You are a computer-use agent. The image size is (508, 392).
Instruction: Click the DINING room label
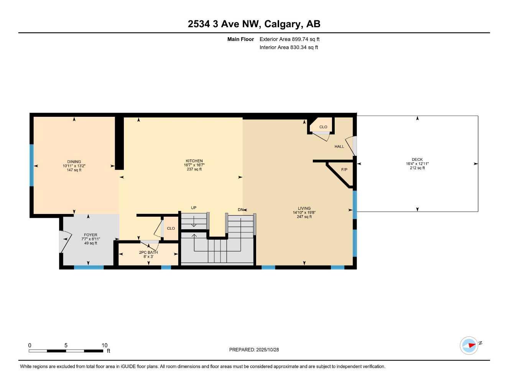tap(74, 162)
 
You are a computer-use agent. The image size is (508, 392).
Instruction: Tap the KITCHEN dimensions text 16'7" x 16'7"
tap(194, 165)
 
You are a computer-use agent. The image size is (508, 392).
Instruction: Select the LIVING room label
tap(304, 209)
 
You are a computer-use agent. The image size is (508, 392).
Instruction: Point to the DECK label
tap(417, 160)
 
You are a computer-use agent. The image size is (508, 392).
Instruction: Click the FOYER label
tap(91, 235)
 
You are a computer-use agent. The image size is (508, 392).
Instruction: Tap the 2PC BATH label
tap(148, 252)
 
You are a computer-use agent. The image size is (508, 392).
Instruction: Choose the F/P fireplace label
tap(344, 170)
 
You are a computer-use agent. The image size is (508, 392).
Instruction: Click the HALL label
tap(339, 147)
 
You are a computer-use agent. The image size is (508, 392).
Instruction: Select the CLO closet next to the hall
tap(323, 127)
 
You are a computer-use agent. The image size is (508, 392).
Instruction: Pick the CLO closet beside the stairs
tap(171, 229)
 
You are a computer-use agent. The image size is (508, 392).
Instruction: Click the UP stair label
tap(194, 208)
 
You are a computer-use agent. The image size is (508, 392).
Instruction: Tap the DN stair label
tap(240, 210)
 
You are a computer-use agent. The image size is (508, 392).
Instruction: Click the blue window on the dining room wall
tap(32, 165)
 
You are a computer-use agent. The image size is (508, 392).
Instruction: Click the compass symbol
tap(469, 345)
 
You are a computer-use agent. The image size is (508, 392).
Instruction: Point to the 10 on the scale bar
tap(105, 345)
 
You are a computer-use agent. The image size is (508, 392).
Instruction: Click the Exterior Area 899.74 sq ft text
tap(289, 39)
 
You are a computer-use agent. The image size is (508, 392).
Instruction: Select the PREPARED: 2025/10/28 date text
tap(254, 350)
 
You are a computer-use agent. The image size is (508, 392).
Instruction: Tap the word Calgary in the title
tap(283, 24)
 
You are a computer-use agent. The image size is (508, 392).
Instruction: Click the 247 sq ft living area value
tap(304, 217)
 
